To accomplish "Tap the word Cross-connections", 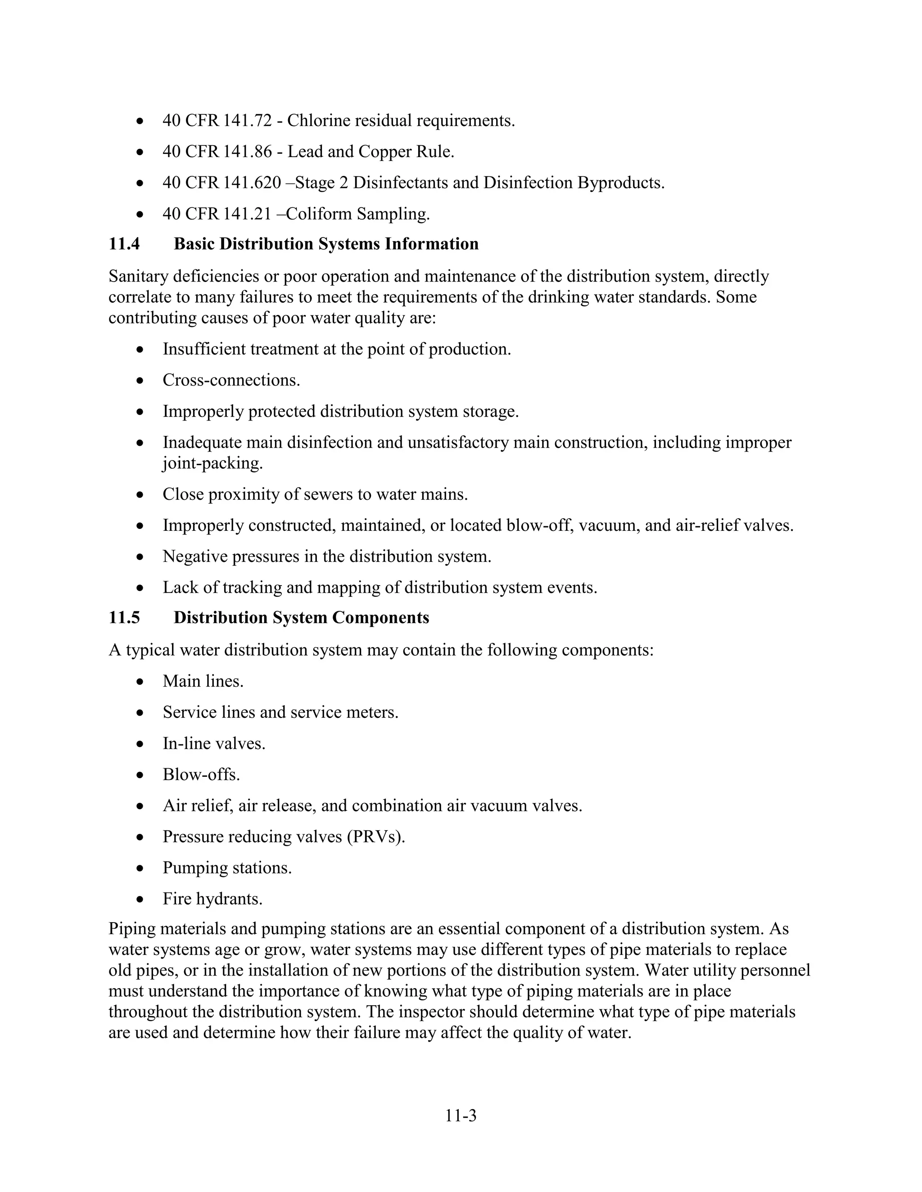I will click(231, 380).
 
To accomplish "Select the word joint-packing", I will click(212, 463).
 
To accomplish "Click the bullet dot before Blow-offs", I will click(141, 775).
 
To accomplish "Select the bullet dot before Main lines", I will click(141, 681).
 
